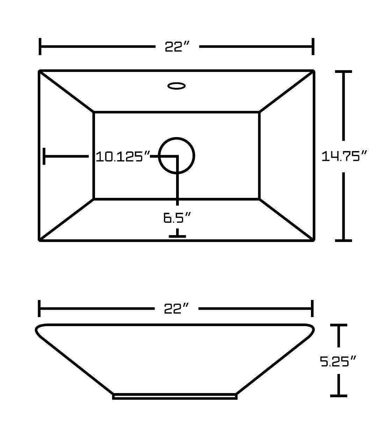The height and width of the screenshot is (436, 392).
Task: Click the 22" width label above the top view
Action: (x=177, y=46)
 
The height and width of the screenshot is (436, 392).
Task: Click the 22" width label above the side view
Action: (x=177, y=308)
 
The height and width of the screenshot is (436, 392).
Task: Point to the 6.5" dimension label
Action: (x=177, y=218)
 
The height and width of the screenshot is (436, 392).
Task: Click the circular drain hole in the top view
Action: (x=177, y=156)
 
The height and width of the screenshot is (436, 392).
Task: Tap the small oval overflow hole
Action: (x=176, y=85)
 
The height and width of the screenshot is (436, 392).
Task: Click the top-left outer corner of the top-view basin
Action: (x=39, y=71)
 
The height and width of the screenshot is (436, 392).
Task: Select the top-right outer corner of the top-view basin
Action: (x=313, y=71)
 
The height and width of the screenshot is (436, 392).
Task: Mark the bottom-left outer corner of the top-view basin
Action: (x=39, y=240)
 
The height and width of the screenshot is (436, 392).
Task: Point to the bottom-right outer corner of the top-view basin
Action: (x=313, y=240)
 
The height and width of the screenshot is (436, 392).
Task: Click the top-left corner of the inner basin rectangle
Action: (x=94, y=112)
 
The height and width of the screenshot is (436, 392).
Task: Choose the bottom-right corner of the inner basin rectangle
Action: (x=259, y=199)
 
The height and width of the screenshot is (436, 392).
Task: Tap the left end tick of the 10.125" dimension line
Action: (x=44, y=156)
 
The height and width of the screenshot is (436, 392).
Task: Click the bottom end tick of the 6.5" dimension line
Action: (x=177, y=236)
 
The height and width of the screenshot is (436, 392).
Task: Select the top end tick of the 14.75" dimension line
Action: (x=343, y=72)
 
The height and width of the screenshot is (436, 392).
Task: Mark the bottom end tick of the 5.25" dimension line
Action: (x=339, y=396)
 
